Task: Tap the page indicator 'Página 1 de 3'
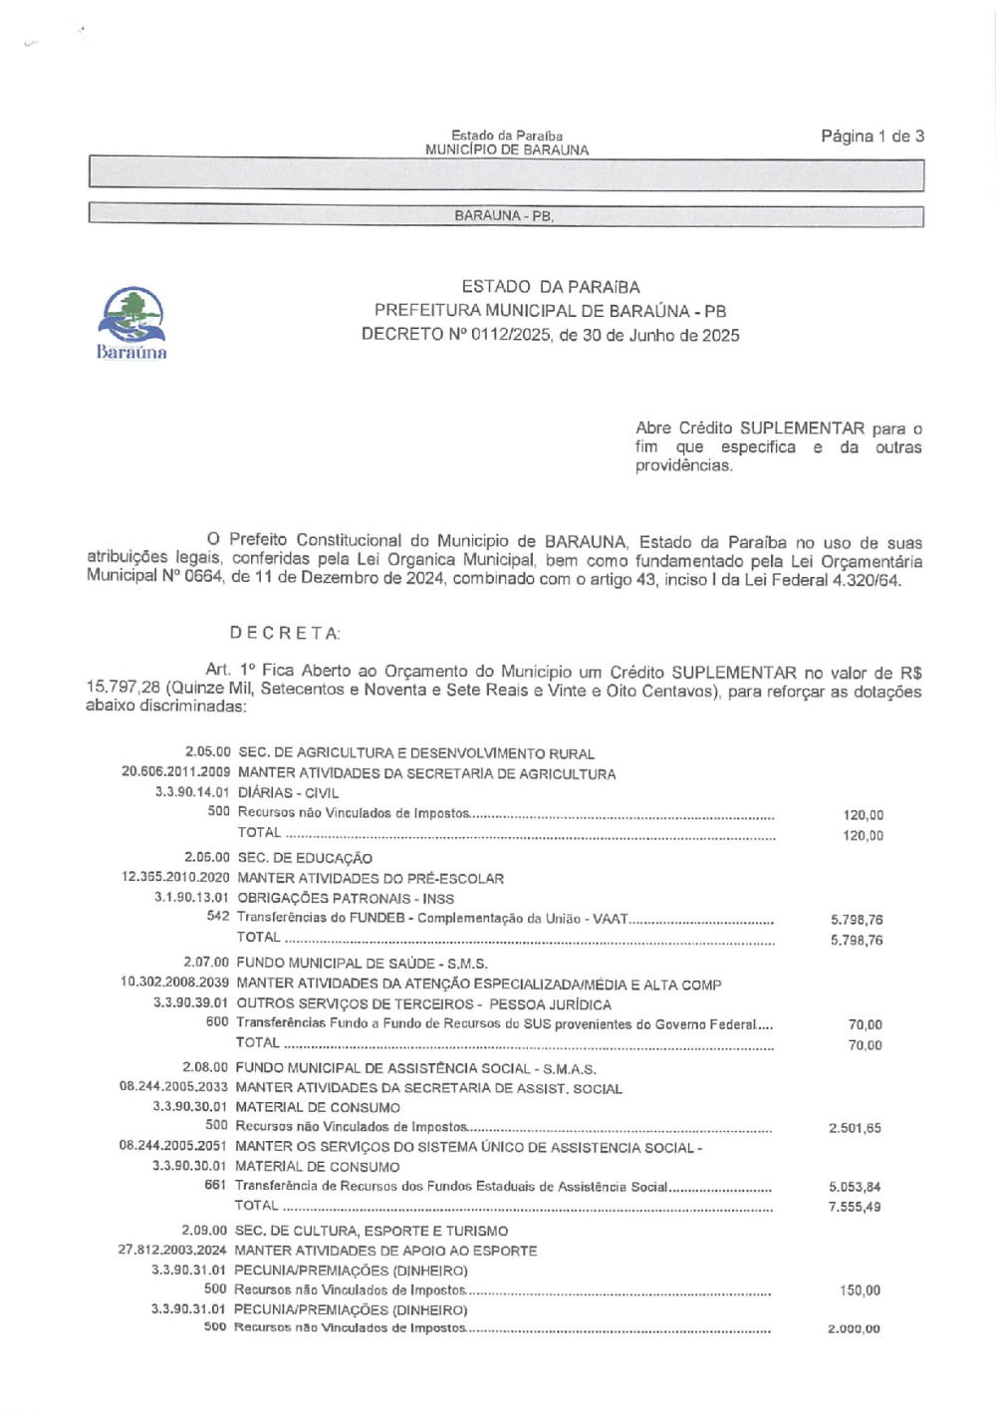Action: pyautogui.click(x=871, y=137)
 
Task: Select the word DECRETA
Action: pyautogui.click(x=285, y=634)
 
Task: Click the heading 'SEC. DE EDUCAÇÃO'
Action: pyautogui.click(x=304, y=858)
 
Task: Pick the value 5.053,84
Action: pyautogui.click(x=855, y=1187)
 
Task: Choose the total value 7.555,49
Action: pyautogui.click(x=855, y=1207)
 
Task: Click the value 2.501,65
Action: pyautogui.click(x=855, y=1128)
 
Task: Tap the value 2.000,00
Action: pyautogui.click(x=854, y=1329)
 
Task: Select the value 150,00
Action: pyautogui.click(x=860, y=1290)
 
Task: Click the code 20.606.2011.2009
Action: pyautogui.click(x=176, y=772)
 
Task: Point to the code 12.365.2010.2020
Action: pyautogui.click(x=175, y=878)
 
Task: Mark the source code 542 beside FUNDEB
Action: pyautogui.click(x=218, y=917)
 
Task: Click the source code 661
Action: pyautogui.click(x=215, y=1186)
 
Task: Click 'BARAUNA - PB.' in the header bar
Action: pyautogui.click(x=504, y=216)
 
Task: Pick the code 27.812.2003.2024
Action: pyautogui.click(x=172, y=1250)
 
